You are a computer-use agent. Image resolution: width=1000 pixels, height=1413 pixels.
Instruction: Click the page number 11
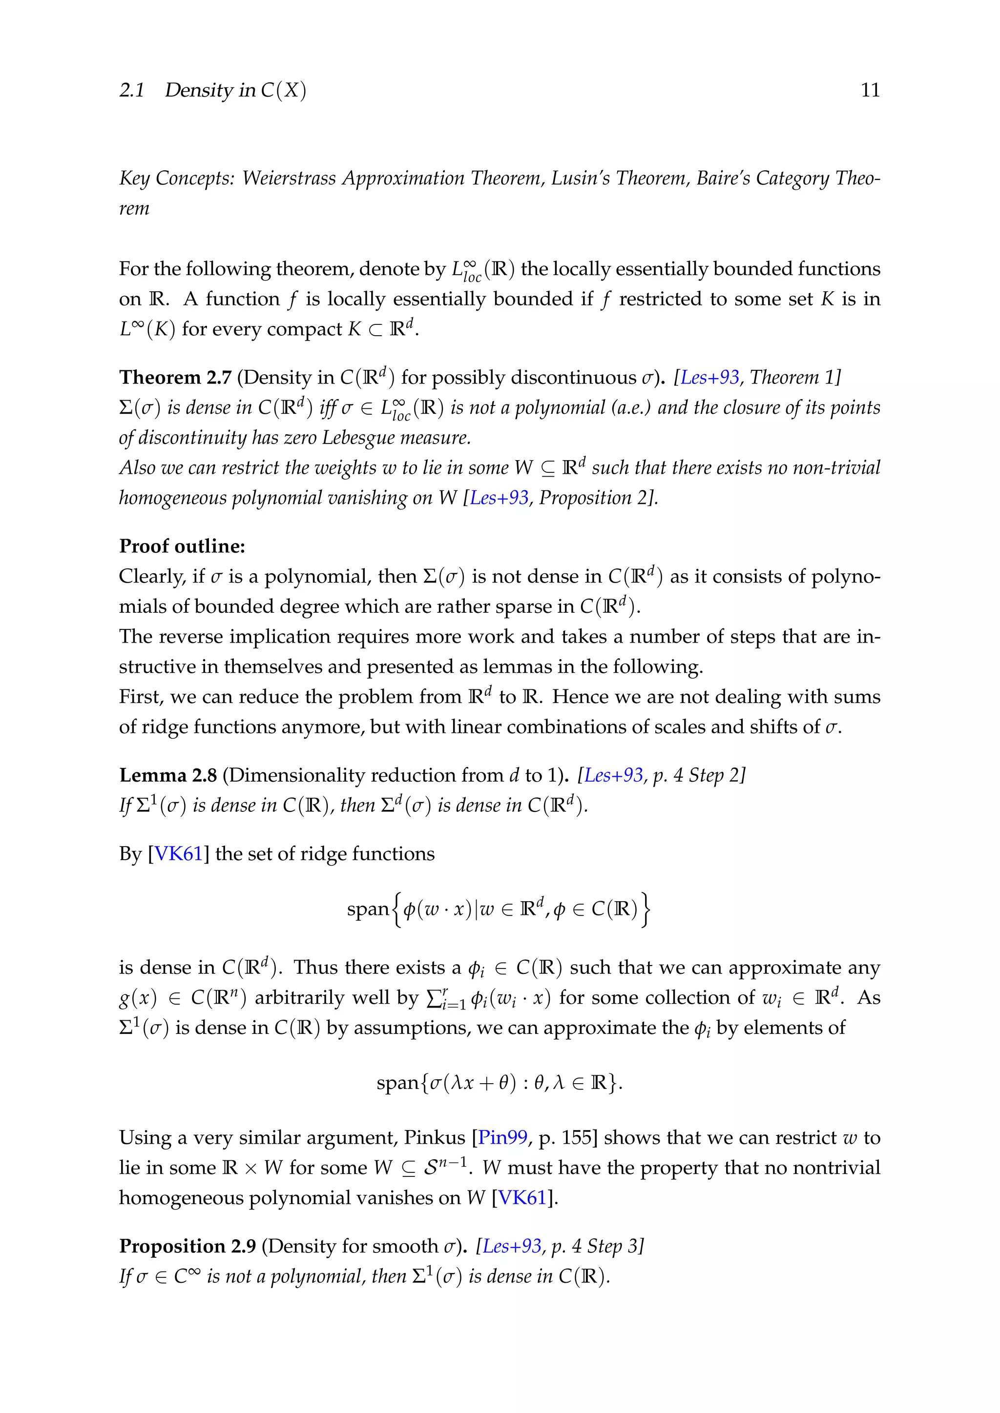tap(870, 90)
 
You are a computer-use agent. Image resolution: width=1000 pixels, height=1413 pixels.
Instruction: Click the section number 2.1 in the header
tap(132, 90)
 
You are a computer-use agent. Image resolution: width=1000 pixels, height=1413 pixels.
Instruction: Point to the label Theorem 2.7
tap(175, 377)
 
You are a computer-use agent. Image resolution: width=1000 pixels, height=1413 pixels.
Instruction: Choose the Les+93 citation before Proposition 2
tap(499, 498)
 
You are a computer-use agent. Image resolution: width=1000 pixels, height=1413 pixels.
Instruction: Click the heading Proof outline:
tap(182, 546)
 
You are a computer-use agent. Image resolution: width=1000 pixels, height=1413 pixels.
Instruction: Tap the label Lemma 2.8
tap(167, 775)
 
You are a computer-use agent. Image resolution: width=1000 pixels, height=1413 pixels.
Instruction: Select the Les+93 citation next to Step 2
tap(613, 775)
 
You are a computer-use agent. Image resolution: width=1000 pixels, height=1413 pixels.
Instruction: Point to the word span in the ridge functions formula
tap(368, 909)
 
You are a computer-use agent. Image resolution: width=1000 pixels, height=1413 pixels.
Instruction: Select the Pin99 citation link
tap(502, 1138)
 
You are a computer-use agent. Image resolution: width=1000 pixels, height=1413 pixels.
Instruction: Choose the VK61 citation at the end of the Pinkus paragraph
tap(522, 1198)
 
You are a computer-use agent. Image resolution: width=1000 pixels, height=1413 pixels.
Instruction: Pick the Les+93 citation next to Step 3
tap(512, 1246)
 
